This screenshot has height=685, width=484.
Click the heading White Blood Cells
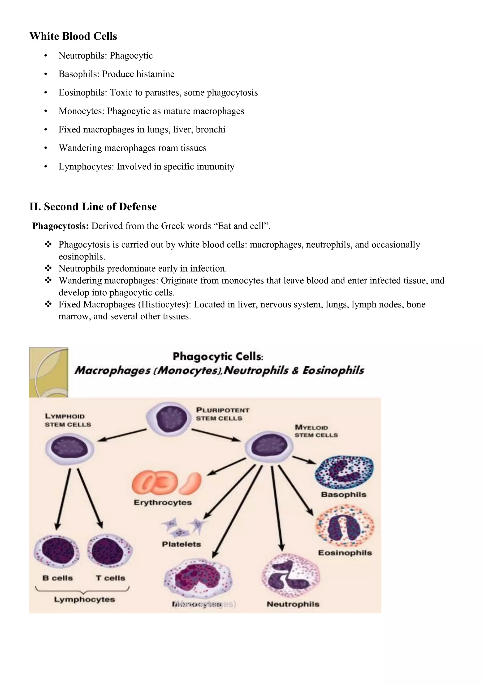click(73, 36)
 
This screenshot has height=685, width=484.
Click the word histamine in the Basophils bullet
click(155, 74)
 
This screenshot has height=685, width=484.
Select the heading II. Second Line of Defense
click(93, 206)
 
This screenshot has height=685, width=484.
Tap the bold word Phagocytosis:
click(60, 226)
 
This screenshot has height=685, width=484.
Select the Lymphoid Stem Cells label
click(68, 420)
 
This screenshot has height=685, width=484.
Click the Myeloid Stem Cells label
click(316, 431)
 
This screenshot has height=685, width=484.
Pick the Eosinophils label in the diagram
click(345, 553)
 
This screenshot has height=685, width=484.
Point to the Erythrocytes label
click(162, 502)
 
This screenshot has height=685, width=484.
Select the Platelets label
click(181, 544)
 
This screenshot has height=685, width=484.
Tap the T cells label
click(110, 578)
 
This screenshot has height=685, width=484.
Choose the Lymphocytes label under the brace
click(84, 599)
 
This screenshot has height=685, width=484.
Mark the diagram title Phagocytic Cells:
click(218, 356)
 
